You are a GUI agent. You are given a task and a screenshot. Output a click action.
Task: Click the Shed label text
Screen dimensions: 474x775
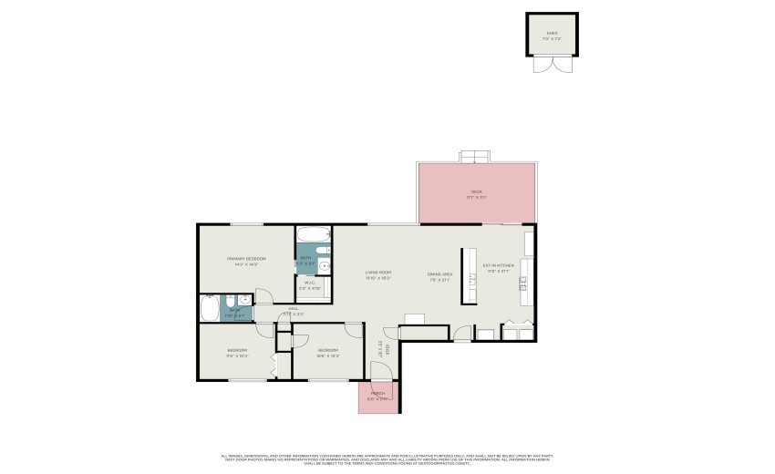[x=551, y=35]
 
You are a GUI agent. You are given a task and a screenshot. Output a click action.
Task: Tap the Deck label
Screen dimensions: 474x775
[x=475, y=193]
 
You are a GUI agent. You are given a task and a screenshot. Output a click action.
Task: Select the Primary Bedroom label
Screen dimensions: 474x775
[x=246, y=261]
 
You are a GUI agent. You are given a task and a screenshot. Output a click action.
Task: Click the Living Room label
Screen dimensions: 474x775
[x=377, y=274]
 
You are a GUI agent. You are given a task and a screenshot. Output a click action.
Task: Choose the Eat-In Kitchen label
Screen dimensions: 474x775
[x=499, y=267]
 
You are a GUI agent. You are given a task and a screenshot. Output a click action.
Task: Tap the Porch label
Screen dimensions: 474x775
[x=377, y=396]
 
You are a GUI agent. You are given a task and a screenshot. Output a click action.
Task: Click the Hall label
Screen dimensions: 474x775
[x=294, y=310]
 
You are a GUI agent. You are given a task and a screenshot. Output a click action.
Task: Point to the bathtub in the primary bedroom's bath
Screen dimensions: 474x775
[x=208, y=310]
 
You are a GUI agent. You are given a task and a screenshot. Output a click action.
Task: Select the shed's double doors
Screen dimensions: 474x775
[x=551, y=64]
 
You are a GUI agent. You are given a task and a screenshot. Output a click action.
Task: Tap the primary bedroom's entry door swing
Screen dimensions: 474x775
[x=263, y=296]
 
